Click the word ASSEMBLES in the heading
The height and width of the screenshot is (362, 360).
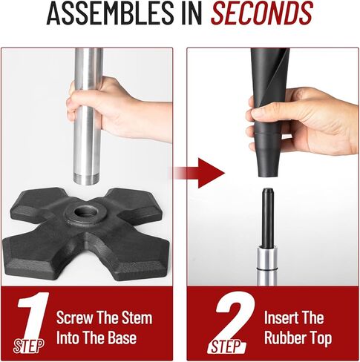tap(110, 13)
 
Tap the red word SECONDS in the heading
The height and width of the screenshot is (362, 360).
tap(262, 13)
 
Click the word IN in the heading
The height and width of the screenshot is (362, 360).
tap(192, 13)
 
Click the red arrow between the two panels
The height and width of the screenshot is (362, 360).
tap(199, 173)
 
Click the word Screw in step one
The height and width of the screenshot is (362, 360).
tap(74, 318)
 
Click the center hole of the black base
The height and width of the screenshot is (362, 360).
tap(86, 212)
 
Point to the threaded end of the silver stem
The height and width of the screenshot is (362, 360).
tap(86, 179)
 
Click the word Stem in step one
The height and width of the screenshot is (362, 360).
tap(138, 318)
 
